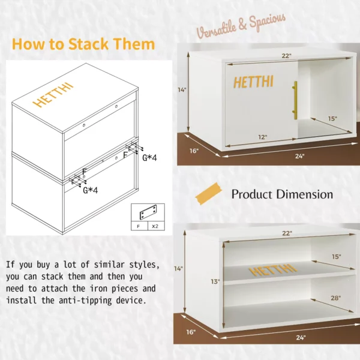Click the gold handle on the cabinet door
pos(295,100)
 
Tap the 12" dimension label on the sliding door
pos(263,137)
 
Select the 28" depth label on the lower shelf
pos(335,298)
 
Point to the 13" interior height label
pos(215,281)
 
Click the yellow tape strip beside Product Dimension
pos(209,194)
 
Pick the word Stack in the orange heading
pos(88,44)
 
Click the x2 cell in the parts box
pos(155,226)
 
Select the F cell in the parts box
pos(138,226)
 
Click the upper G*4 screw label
pos(149,158)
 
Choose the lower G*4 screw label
pos(90,190)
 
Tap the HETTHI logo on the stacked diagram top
pos(53,95)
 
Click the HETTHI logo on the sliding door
pos(253,82)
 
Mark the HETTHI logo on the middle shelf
pos(273,270)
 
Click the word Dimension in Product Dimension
pos(304,194)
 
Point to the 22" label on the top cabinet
pos(287,56)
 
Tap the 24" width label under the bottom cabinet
pos(301,337)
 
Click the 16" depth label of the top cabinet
pos(194,151)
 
